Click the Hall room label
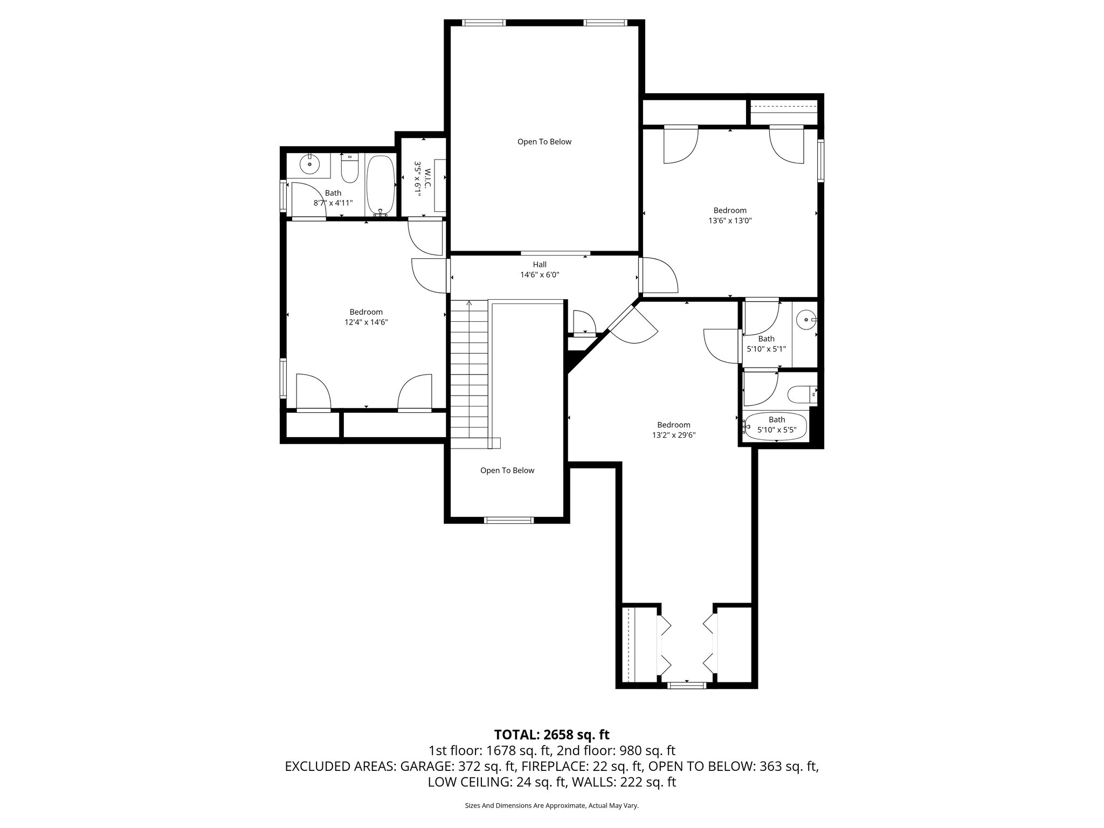tap(540, 264)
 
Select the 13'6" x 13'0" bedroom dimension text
tap(730, 220)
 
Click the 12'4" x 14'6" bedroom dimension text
tap(366, 322)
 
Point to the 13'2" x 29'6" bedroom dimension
tap(673, 435)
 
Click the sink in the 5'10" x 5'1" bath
tap(806, 320)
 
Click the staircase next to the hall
tap(469, 372)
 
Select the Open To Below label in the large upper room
tap(544, 142)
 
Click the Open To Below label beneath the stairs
tap(507, 471)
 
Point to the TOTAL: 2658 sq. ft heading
tap(551, 734)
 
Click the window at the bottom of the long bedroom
tap(686, 685)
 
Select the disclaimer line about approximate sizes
tap(551, 805)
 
